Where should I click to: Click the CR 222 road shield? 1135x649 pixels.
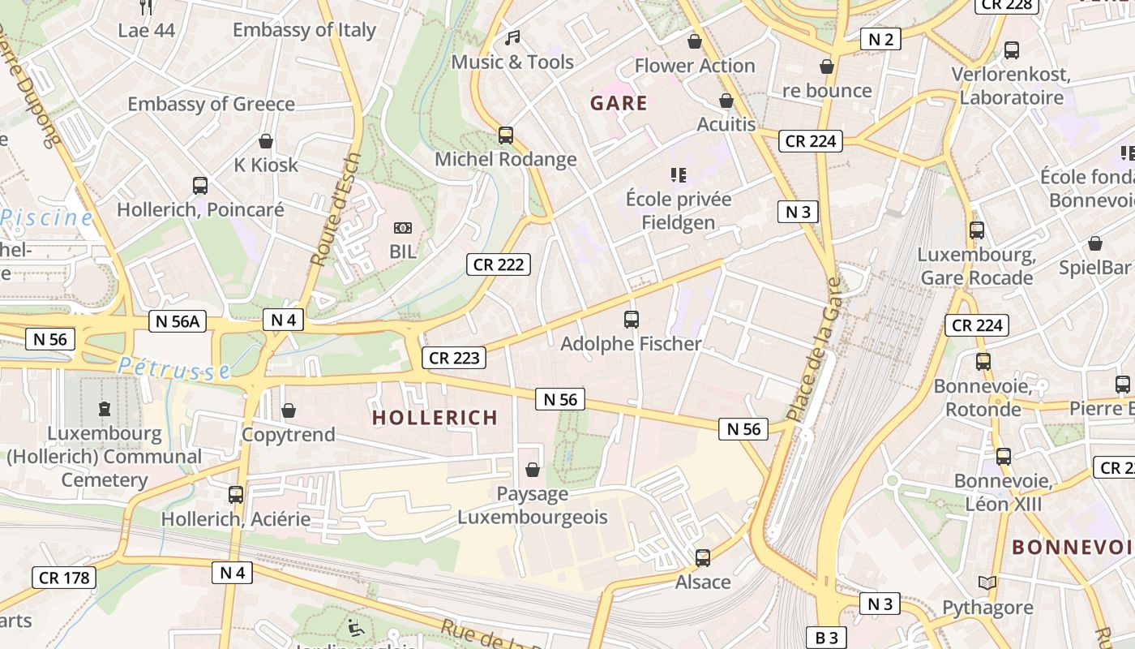point(499,264)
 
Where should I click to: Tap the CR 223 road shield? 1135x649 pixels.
point(454,358)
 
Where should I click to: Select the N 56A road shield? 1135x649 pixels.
point(177,321)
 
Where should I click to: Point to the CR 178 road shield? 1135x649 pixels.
point(64,578)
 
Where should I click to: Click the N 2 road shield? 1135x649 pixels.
point(880,39)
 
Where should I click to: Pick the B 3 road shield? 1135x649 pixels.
point(826,638)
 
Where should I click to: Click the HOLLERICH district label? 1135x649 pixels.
point(435,418)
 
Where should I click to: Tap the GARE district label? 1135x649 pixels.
point(619,103)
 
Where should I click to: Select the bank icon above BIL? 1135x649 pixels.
point(402,229)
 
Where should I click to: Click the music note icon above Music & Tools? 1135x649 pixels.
point(512,37)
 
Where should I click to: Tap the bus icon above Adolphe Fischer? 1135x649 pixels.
point(632,320)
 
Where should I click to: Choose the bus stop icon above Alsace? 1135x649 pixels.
point(703,558)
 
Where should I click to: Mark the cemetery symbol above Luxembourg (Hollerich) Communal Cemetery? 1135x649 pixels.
point(104,409)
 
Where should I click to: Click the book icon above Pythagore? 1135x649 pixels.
point(987,583)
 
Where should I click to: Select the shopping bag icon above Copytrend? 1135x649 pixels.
point(289,410)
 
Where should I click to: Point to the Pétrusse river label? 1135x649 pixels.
point(174,369)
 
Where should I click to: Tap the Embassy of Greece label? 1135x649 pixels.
point(211,104)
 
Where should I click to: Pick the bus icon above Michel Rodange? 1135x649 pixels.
point(506,135)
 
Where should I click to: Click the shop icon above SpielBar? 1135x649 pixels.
point(1094,243)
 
